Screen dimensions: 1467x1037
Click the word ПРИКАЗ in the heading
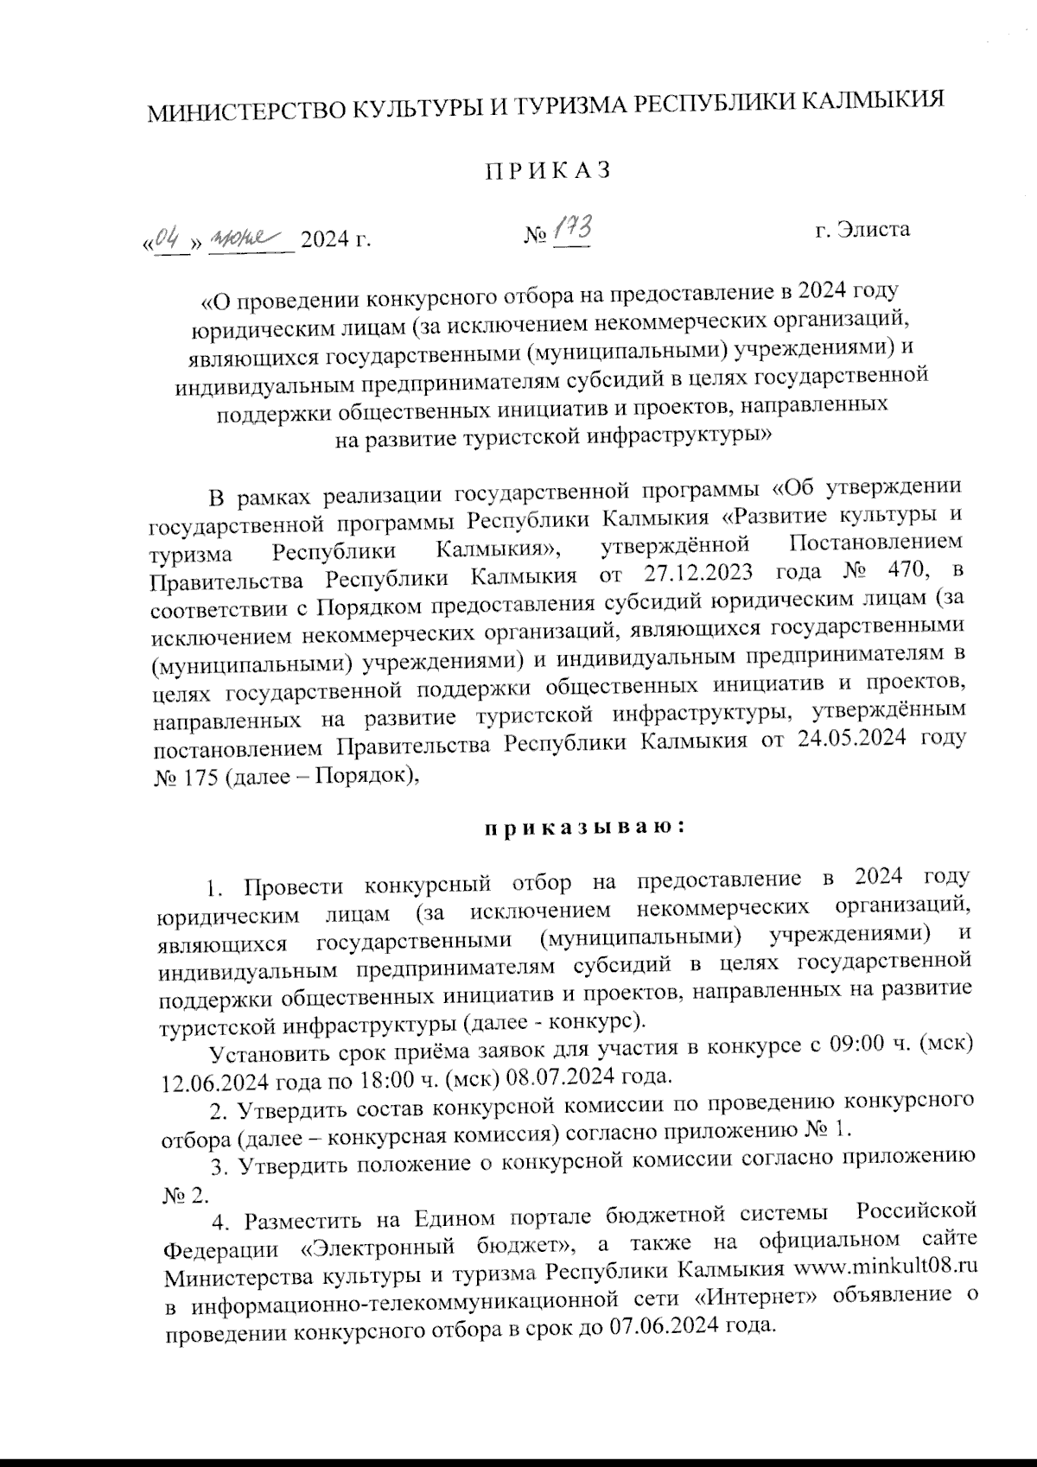(x=547, y=171)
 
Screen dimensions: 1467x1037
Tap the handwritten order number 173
(x=570, y=230)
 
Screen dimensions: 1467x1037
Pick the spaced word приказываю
(x=584, y=828)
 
